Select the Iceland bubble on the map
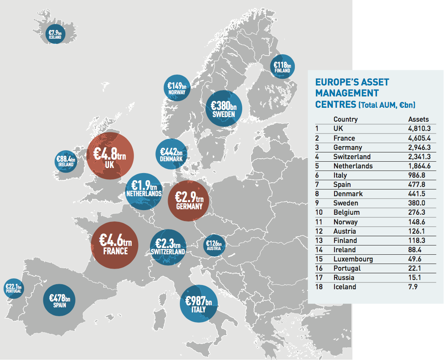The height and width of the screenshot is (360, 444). click(x=55, y=34)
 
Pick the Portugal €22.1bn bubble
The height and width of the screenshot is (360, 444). click(x=13, y=289)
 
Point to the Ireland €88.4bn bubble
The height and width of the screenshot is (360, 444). click(x=66, y=161)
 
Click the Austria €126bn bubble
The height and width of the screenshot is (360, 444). click(x=214, y=245)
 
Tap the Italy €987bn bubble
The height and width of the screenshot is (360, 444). click(x=198, y=304)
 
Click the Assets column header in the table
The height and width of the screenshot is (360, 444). click(x=418, y=119)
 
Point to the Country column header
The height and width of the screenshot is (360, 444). click(x=345, y=119)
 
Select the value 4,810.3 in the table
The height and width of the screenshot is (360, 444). click(x=418, y=128)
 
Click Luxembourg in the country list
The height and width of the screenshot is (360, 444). click(x=353, y=259)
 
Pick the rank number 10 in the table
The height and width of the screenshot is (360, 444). click(x=319, y=212)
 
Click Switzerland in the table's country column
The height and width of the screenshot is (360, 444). click(x=352, y=157)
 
